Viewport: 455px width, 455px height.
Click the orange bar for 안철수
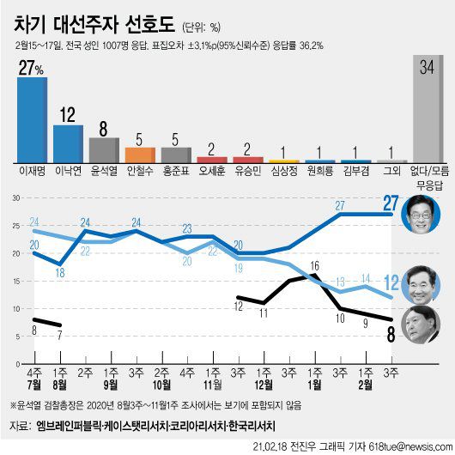click(x=140, y=155)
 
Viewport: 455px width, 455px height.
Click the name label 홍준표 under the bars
click(x=176, y=170)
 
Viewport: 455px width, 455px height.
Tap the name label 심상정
click(x=284, y=170)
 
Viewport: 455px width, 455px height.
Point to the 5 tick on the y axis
click(x=15, y=336)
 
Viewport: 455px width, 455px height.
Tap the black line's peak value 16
click(x=314, y=266)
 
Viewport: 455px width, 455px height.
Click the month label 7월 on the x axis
click(x=34, y=386)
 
